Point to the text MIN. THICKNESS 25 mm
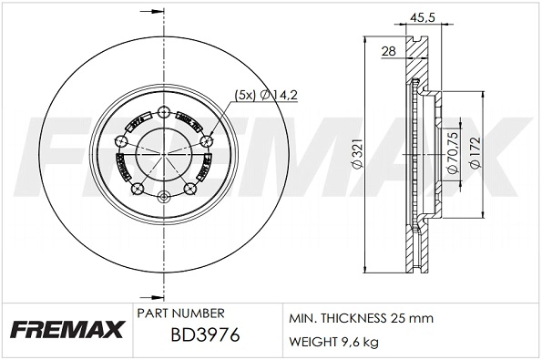pyautogui.click(x=361, y=318)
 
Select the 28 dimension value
pyautogui.click(x=388, y=52)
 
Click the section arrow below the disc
pyautogui.click(x=146, y=296)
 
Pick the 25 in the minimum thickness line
pyautogui.click(x=397, y=318)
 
